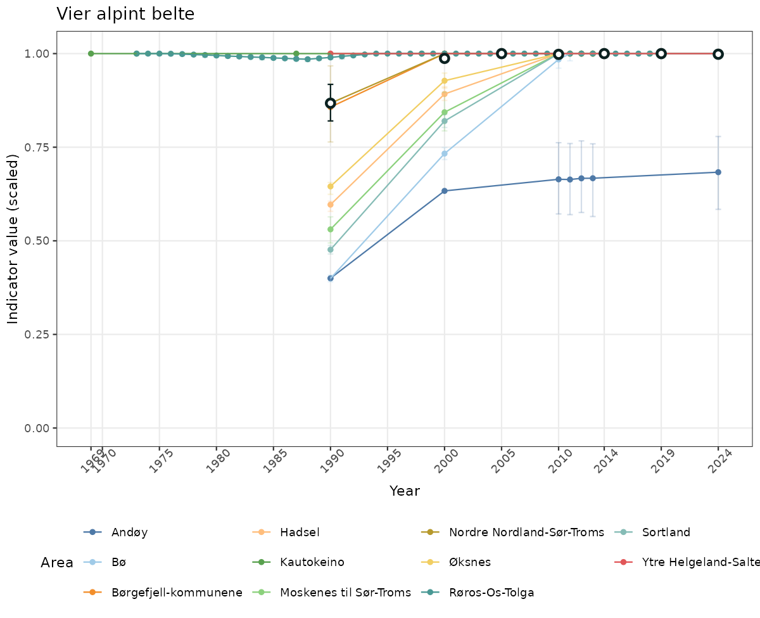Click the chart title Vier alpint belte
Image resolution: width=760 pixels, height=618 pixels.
pos(125,14)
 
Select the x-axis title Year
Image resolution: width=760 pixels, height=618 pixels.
pos(405,491)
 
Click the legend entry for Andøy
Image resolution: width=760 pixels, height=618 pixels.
pos(129,532)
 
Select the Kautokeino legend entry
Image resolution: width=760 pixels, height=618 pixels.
pos(312,562)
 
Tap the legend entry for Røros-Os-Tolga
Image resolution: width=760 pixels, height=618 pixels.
pos(491,593)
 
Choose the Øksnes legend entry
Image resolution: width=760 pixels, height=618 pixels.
pos(469,562)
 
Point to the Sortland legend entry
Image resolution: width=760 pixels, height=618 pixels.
pos(666,532)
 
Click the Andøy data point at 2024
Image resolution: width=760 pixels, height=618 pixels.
pos(718,172)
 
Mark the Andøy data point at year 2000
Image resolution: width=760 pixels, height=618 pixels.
pos(445,191)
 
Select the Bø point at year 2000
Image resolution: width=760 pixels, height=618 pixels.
pos(445,153)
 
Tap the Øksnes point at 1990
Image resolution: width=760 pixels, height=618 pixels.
pos(331,186)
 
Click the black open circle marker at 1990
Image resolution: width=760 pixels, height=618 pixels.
pos(331,103)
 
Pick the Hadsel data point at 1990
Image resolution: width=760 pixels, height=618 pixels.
pos(331,204)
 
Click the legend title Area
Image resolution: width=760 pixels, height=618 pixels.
pos(57,563)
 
